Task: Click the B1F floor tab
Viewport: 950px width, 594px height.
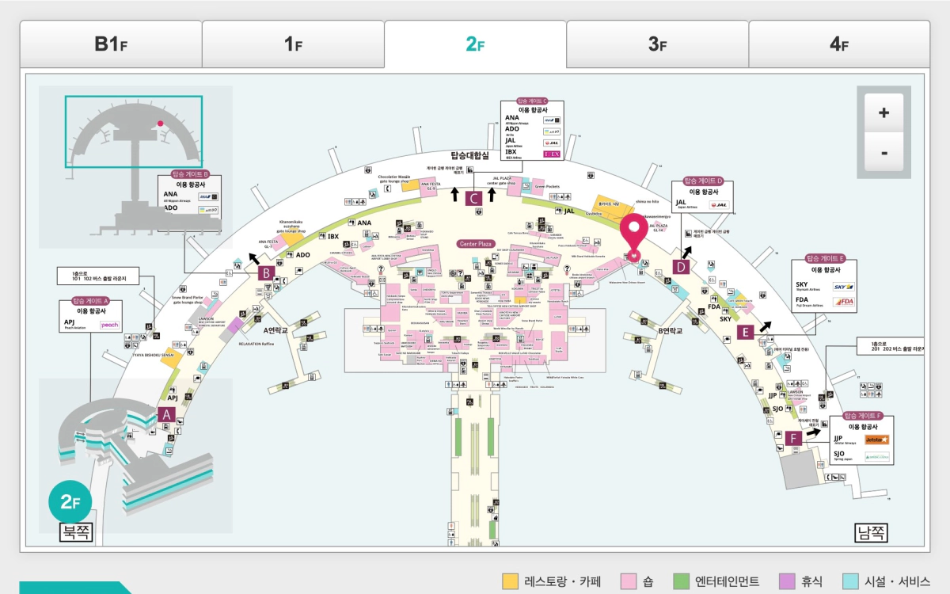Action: point(111,44)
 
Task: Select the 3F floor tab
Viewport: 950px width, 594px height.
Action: point(657,44)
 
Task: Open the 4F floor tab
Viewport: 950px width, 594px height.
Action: point(839,44)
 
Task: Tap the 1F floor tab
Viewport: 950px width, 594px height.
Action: point(293,44)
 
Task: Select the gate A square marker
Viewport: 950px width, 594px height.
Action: point(166,413)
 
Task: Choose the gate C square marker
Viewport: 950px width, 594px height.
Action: point(473,199)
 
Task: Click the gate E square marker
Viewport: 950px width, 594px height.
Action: point(745,332)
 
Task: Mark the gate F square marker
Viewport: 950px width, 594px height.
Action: point(794,437)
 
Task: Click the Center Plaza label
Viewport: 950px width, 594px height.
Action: point(476,244)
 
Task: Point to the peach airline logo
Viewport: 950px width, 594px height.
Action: point(110,325)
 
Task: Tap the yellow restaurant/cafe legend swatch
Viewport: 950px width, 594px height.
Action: point(510,582)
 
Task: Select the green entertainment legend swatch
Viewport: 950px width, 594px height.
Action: point(681,582)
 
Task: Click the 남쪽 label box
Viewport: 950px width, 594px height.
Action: point(872,533)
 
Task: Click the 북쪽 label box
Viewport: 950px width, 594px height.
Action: point(77,533)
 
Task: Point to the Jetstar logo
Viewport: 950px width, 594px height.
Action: point(876,440)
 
